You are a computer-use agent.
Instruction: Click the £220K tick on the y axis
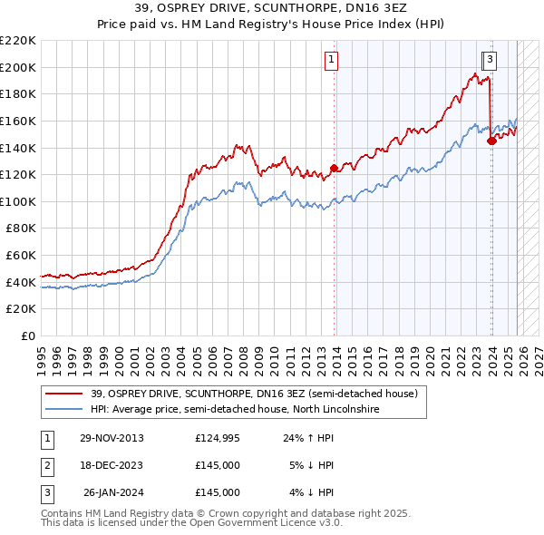18,41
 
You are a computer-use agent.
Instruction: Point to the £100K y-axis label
18,201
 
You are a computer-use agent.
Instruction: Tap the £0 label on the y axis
27,336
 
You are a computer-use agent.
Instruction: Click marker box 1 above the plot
331,61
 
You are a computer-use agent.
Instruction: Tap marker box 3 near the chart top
489,61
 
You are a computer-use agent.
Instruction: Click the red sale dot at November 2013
334,168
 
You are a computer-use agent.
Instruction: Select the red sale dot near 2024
491,141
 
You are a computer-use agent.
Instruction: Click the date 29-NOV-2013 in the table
111,437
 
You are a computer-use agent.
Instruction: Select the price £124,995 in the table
218,437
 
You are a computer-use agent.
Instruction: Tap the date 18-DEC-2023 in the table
111,465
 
